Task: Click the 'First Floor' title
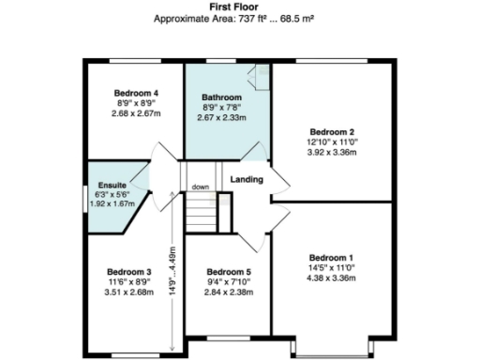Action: (x=240, y=7)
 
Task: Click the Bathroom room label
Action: (x=222, y=97)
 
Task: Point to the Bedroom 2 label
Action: (x=332, y=131)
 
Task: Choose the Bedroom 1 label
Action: (x=332, y=257)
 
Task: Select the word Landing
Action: (x=247, y=179)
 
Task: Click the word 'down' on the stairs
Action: (x=201, y=187)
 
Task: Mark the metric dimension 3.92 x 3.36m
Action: (x=332, y=152)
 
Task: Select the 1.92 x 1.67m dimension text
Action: (x=112, y=202)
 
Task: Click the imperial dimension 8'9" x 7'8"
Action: (x=222, y=108)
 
